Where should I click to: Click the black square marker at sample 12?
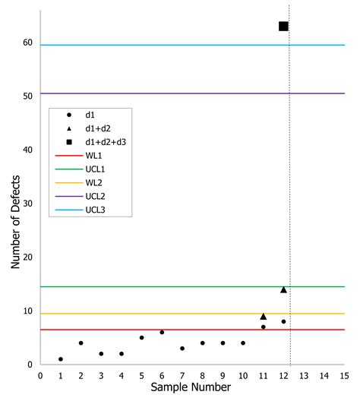tap(283, 27)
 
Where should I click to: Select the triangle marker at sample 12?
tap(283, 289)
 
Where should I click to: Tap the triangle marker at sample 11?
tap(263, 316)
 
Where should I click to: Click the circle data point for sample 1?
tap(61, 359)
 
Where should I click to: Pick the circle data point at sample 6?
tap(162, 333)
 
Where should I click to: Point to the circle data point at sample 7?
tap(182, 349)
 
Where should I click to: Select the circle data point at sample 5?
tap(141, 338)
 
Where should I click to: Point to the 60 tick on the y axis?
tap(27, 43)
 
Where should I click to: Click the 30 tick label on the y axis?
tap(27, 204)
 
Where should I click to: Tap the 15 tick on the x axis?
tap(344, 375)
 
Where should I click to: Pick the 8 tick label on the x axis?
tap(202, 375)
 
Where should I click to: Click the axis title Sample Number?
tap(193, 388)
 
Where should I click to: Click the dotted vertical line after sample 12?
tap(290, 190)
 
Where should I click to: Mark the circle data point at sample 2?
tap(81, 343)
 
